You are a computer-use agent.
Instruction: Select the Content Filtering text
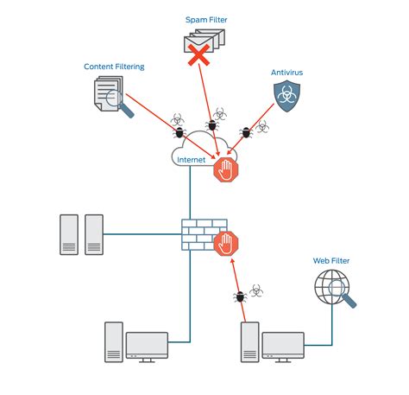(113, 67)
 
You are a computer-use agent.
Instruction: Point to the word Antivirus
(286, 73)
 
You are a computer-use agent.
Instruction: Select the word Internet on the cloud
(192, 160)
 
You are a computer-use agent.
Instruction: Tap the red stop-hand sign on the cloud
(226, 169)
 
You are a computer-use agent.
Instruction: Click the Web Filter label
(331, 260)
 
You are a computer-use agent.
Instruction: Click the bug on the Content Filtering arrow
(179, 131)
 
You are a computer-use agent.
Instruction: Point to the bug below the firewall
(240, 297)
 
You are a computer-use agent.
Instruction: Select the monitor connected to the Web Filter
(283, 345)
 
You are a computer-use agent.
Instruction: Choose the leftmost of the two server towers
(69, 234)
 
